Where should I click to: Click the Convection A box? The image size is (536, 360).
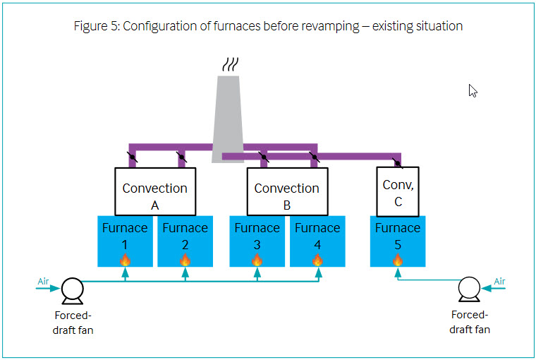point(155,191)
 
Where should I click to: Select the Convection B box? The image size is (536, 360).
point(287,191)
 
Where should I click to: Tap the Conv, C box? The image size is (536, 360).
point(398,191)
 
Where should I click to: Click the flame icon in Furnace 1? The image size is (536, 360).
point(125,260)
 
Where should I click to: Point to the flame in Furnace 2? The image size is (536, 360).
point(185,260)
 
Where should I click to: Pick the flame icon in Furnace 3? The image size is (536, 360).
point(257,260)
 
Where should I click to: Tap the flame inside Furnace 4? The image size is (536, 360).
point(317,260)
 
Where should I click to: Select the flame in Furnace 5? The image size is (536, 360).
point(398,260)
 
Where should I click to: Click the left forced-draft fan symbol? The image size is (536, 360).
point(72,291)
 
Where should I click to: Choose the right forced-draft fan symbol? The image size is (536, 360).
point(469,289)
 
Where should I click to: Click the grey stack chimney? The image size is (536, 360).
point(228,119)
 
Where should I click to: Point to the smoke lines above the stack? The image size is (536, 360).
point(231,64)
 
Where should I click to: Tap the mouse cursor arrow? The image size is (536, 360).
point(473,90)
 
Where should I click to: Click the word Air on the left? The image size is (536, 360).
point(43,281)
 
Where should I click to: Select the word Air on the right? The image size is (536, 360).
point(499,281)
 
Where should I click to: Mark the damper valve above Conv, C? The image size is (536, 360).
point(397,163)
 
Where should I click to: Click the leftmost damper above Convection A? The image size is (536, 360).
point(133,157)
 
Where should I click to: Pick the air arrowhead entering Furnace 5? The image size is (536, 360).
point(398,272)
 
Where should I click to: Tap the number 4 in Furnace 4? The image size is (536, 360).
point(317,245)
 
